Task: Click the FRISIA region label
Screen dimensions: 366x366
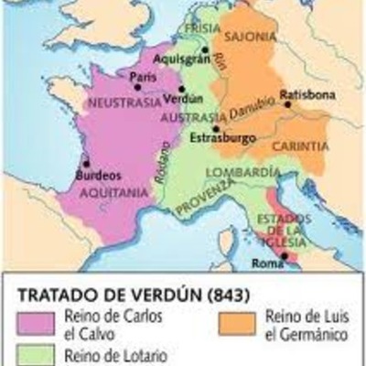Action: pyautogui.click(x=203, y=28)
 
